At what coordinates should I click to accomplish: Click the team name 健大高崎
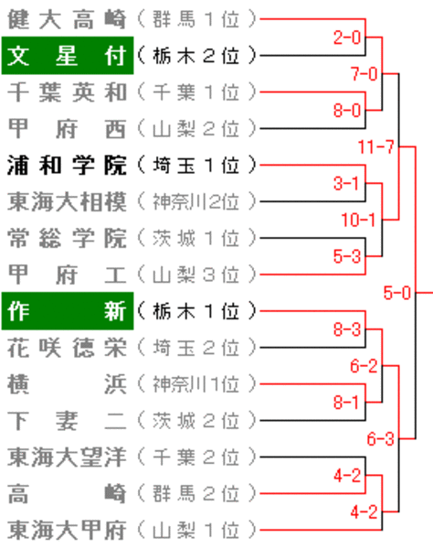point(67,19)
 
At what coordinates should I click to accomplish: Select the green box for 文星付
point(68,55)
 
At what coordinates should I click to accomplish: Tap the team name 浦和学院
point(67,166)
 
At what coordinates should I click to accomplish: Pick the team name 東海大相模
point(67,201)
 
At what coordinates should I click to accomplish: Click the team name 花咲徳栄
point(67,348)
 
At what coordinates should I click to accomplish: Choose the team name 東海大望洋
point(67,457)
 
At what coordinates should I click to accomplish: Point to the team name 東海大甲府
point(67,530)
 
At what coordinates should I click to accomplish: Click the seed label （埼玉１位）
point(196,166)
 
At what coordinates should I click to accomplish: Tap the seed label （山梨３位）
point(196,274)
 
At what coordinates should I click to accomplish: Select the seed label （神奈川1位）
point(196,384)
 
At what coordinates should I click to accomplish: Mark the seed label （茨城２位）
point(196,421)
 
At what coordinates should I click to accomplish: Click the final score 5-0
point(397,293)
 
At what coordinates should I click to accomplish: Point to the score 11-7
point(376,146)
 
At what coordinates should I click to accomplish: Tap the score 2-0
point(347,38)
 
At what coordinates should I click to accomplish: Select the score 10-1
point(359,220)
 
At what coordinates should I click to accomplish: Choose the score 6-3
point(381,438)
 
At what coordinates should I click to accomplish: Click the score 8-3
point(347,329)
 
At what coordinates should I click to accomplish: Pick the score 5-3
point(347,256)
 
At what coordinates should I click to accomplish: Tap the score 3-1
point(346,183)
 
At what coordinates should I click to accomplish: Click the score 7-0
point(364,74)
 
